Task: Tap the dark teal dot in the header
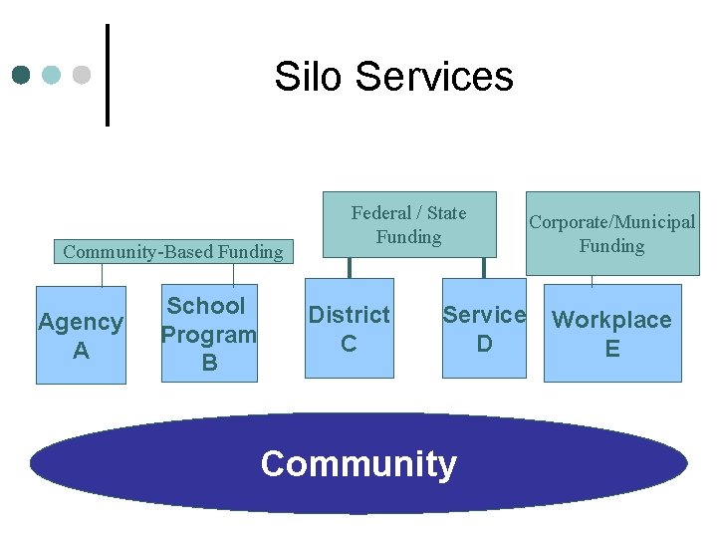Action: click(23, 75)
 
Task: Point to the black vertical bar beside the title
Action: click(107, 75)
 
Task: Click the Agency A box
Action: click(81, 335)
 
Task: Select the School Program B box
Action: click(209, 334)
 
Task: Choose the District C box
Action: click(349, 329)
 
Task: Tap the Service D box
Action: click(484, 329)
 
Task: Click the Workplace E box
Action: click(612, 333)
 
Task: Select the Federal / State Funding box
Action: click(409, 224)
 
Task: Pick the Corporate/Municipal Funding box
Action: click(612, 233)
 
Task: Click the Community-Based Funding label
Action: click(173, 251)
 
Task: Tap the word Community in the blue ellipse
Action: click(358, 463)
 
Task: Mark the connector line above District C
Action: click(349, 268)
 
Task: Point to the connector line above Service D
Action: click(483, 268)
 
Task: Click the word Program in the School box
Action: click(209, 334)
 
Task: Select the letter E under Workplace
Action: click(612, 348)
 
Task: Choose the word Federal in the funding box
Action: click(380, 212)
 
